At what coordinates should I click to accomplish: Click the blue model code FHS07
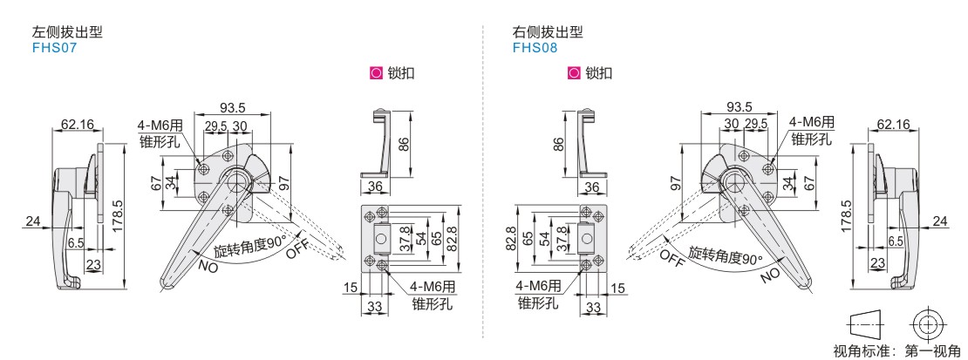[54, 48]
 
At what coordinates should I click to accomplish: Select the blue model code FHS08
[535, 48]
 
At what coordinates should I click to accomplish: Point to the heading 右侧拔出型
[548, 32]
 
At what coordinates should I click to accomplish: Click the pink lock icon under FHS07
[375, 73]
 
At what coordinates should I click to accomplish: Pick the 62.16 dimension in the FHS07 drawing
[78, 125]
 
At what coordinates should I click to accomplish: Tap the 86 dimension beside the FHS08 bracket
[558, 145]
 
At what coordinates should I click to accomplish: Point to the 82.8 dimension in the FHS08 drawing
[510, 239]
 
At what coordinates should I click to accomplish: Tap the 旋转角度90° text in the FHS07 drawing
[249, 246]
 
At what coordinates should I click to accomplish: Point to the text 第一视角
[933, 351]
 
